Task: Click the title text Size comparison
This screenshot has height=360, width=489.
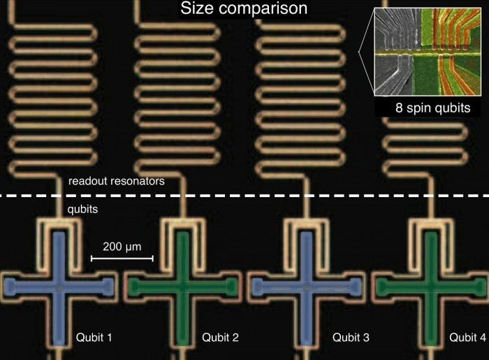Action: pos(244,8)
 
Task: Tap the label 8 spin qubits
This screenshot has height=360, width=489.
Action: pos(433,108)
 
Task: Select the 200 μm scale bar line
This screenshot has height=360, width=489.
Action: pos(122,259)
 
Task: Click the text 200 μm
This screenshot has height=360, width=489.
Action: pos(122,247)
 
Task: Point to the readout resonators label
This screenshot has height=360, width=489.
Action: pos(117,181)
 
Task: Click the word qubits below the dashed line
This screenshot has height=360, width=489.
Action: pos(82,209)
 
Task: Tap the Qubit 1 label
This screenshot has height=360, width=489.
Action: pos(94,337)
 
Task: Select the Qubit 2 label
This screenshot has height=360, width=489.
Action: pos(220,337)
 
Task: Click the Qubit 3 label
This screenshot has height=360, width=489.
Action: pos(351,337)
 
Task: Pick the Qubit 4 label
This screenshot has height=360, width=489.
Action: pos(467,337)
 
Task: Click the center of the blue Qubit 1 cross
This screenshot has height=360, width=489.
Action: pos(59,287)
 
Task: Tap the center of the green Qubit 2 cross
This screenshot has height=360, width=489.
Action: pos(182,287)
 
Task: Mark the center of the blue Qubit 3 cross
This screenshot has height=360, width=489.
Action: pos(307,287)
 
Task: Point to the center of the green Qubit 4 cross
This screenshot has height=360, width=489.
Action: pos(431,287)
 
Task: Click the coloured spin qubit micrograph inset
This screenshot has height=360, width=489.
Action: pos(428,52)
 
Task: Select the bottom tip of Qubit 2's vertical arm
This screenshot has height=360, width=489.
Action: pos(182,344)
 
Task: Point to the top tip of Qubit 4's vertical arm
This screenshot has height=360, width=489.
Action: pos(431,233)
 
